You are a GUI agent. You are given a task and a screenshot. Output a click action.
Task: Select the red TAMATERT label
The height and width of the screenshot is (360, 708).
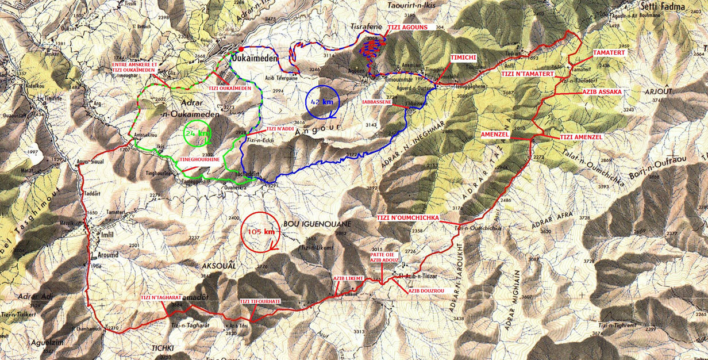(x=608, y=52)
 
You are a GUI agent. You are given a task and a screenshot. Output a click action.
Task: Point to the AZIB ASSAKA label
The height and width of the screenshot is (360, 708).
(x=602, y=91)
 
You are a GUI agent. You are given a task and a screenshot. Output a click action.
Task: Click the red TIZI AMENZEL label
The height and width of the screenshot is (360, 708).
(x=581, y=137)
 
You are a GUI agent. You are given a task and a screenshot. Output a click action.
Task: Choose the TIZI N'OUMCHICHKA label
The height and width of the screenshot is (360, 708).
(x=408, y=218)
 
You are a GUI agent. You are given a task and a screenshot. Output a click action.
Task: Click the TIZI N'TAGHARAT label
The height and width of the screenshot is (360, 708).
(x=160, y=297)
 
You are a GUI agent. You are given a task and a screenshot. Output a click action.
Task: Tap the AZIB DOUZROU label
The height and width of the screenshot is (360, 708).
(x=426, y=291)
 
